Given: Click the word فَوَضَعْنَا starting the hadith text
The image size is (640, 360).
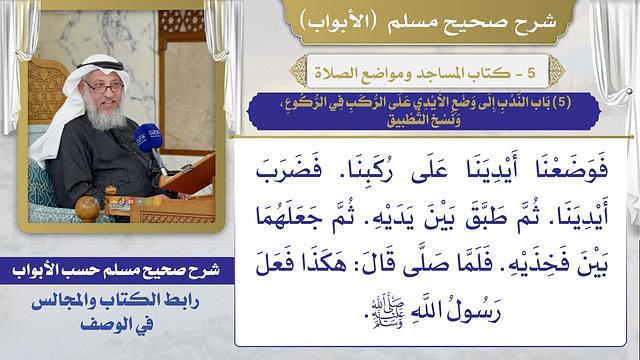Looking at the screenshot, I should click(x=573, y=162).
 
